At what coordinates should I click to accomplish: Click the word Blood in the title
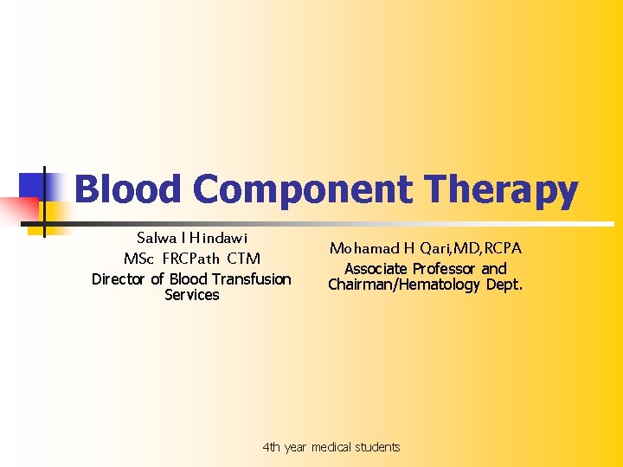129,189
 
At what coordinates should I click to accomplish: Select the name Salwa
156,238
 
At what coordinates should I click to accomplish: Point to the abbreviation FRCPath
198,259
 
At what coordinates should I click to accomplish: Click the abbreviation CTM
243,259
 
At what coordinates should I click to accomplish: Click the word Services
191,295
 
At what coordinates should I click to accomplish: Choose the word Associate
376,269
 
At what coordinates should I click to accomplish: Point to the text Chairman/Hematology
403,285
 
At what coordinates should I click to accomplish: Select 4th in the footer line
272,447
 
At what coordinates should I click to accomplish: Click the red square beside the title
19,210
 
